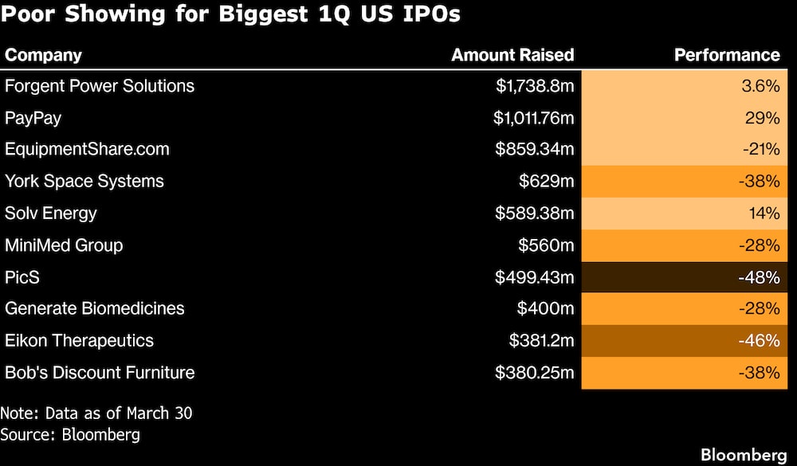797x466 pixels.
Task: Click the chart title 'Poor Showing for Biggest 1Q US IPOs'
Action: (x=232, y=15)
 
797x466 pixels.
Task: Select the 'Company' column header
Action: (x=43, y=55)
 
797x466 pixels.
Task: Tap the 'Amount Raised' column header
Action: (x=512, y=55)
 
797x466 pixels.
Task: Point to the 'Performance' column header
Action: (x=727, y=55)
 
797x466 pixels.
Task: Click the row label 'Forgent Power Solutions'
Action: (x=100, y=86)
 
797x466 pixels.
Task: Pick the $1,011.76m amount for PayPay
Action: (x=533, y=118)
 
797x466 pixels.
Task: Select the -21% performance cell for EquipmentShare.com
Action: (x=685, y=150)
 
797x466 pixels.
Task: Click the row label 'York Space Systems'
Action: (x=84, y=182)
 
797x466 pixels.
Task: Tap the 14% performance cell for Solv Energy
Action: (x=685, y=213)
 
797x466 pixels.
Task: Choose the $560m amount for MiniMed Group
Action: (x=545, y=245)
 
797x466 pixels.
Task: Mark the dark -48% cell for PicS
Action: (x=685, y=277)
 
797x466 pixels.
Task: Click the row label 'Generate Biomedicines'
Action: (x=95, y=309)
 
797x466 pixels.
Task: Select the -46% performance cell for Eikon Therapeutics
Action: (x=685, y=341)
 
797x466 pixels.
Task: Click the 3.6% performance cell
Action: (x=685, y=86)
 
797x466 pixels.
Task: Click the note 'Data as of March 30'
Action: (x=96, y=413)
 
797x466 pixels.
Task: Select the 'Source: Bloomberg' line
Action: (x=70, y=434)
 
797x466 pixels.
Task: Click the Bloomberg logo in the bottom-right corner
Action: (x=744, y=454)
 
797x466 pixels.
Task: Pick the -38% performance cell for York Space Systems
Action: (x=685, y=182)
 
